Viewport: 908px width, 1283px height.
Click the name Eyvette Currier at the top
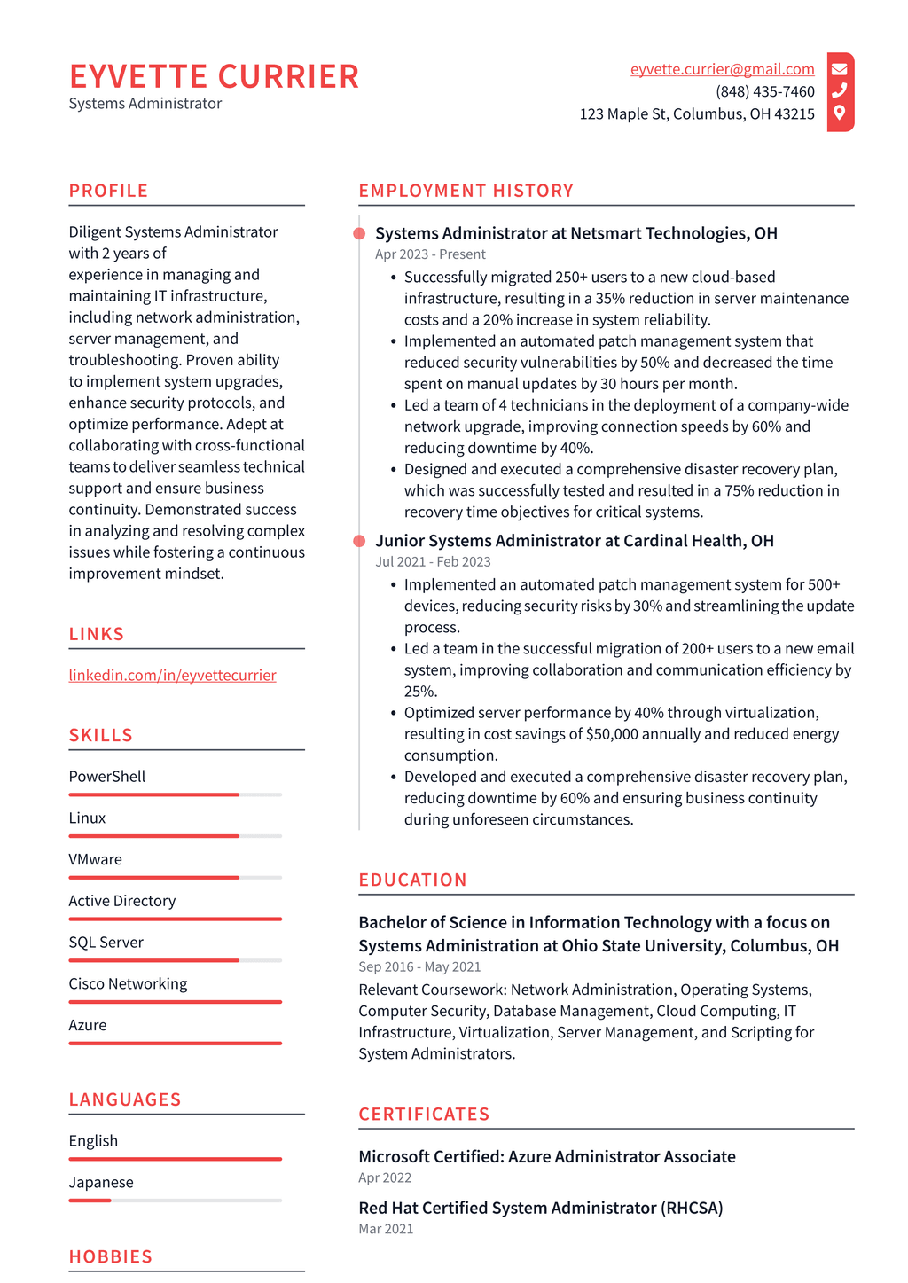(214, 77)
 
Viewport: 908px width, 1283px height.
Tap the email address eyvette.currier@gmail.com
(722, 69)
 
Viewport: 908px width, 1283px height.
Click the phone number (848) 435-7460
(764, 91)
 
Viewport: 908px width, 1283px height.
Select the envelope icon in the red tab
(839, 69)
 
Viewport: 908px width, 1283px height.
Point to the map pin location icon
(839, 113)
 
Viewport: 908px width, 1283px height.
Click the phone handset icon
(839, 90)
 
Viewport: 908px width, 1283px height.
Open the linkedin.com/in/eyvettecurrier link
(172, 675)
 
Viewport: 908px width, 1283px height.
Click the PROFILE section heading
(108, 191)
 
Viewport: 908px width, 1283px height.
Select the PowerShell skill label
(107, 776)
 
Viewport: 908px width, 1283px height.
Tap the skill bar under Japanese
(175, 1201)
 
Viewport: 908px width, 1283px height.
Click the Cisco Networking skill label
(128, 983)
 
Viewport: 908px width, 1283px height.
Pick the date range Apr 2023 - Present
(430, 254)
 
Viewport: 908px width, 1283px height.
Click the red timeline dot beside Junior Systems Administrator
(359, 541)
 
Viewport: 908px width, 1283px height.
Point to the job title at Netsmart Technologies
(575, 233)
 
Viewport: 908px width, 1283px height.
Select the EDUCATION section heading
(412, 880)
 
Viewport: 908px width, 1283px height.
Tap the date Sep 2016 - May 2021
(419, 966)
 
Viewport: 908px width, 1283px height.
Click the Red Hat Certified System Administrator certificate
(540, 1208)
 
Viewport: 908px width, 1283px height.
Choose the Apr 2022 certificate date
(385, 1177)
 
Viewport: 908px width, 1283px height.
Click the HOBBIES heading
(111, 1256)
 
